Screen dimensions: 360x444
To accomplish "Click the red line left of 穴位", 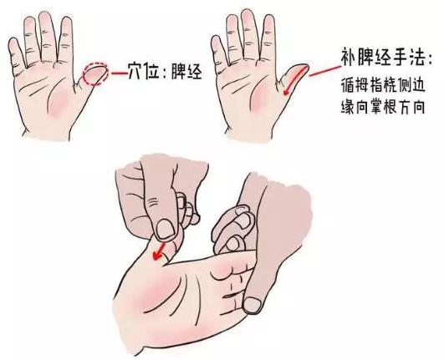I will click(x=119, y=73).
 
